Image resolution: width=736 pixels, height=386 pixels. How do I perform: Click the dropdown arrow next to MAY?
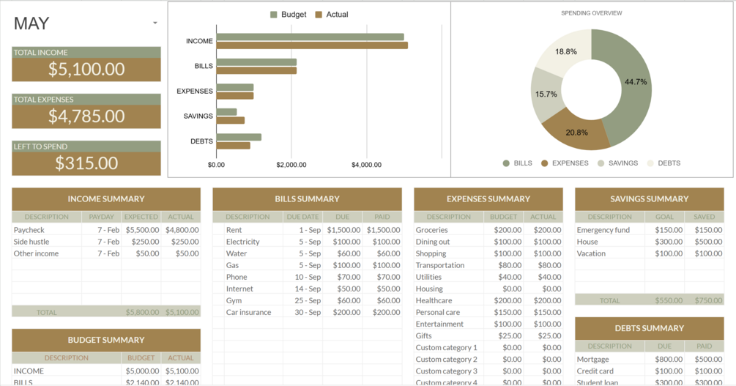point(155,23)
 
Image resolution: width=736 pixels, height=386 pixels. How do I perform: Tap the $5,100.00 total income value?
point(86,70)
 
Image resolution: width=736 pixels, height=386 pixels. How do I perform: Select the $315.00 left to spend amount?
point(86,163)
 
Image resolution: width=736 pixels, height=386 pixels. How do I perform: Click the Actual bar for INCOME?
point(312,45)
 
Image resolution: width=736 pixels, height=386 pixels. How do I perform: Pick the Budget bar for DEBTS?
point(239,137)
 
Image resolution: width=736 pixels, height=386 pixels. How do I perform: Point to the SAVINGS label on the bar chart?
point(198,116)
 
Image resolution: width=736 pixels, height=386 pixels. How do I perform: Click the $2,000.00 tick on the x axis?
point(291,165)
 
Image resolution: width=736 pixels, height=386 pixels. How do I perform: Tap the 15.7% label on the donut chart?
point(546,94)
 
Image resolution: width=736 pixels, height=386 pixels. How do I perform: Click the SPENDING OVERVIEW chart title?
point(592,13)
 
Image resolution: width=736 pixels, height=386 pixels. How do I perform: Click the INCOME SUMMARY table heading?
point(106,199)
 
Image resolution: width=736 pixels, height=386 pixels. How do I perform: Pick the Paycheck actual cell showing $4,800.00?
point(182,230)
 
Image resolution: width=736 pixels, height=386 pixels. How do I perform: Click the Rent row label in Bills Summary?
point(234,230)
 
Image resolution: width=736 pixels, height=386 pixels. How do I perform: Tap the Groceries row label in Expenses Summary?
point(432,230)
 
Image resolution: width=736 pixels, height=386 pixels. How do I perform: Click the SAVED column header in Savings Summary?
point(704,217)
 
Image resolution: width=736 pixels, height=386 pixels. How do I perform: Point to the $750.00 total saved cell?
point(704,300)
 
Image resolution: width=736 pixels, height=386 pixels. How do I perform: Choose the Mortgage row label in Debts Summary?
point(593,360)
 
